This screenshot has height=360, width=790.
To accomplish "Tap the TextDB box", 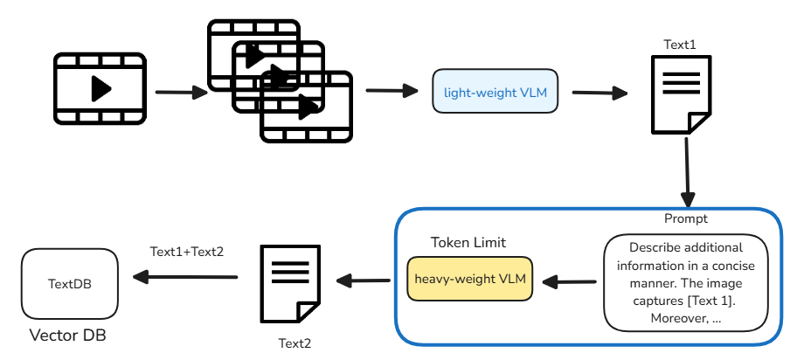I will click(x=69, y=284).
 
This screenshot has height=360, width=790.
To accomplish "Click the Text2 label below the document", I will click(x=295, y=343).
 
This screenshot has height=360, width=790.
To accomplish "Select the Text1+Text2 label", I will click(x=187, y=252).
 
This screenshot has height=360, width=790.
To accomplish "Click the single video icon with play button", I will click(x=100, y=87).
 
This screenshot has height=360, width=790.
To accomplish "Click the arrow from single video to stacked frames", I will click(x=179, y=91).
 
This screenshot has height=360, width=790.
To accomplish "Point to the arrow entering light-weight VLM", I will click(x=392, y=90).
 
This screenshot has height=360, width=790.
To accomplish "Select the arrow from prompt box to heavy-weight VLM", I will click(x=569, y=281).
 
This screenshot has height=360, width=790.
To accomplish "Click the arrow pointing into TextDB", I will click(x=185, y=278).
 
